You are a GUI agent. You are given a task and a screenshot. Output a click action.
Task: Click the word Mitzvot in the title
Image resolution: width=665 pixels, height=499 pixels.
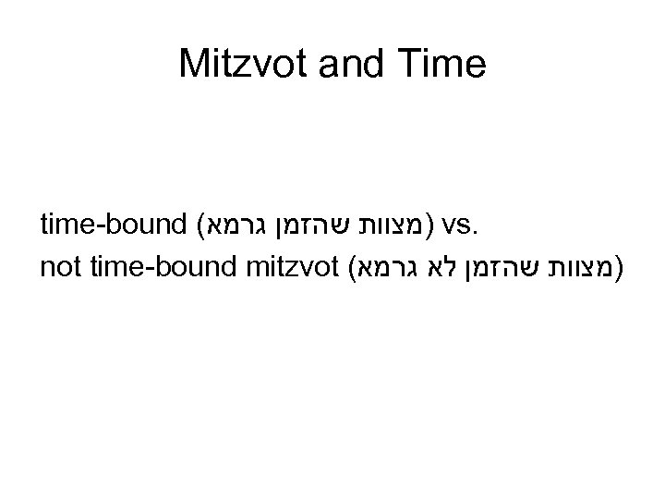[x=243, y=64]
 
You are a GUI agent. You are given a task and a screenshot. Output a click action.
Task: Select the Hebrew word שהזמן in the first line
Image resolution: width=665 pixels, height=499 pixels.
[x=319, y=226]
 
